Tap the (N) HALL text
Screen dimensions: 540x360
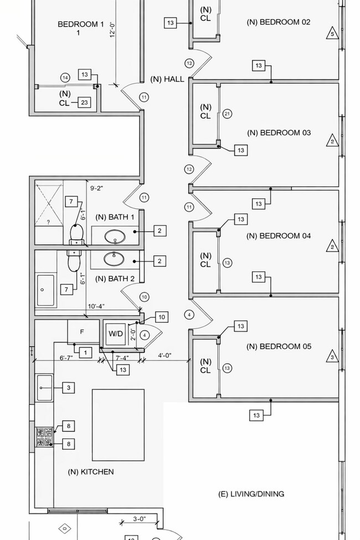(x=167, y=79)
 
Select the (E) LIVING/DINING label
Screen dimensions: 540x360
(x=251, y=493)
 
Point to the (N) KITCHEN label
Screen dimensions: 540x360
(x=91, y=472)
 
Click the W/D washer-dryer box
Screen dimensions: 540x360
(x=116, y=334)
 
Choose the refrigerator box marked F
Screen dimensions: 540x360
(x=83, y=332)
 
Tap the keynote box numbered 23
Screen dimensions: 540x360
(x=84, y=102)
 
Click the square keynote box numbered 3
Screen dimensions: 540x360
(x=69, y=388)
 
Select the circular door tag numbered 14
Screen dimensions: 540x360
(x=65, y=78)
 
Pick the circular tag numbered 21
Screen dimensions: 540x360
(x=227, y=114)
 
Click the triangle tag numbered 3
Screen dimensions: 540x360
(x=332, y=356)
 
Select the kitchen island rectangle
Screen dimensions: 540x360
(x=118, y=425)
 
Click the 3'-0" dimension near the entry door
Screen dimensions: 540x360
(x=139, y=520)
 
